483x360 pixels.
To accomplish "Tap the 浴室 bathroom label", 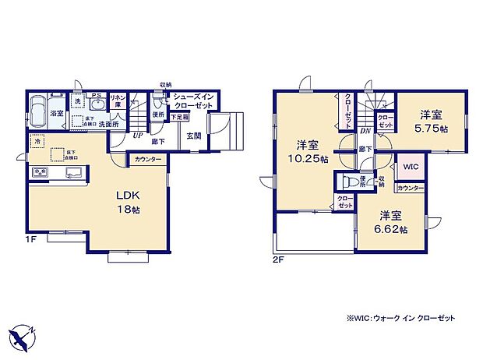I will click(57, 114).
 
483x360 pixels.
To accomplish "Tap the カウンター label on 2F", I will click(411, 189).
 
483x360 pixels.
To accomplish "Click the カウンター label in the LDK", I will click(148, 159).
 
